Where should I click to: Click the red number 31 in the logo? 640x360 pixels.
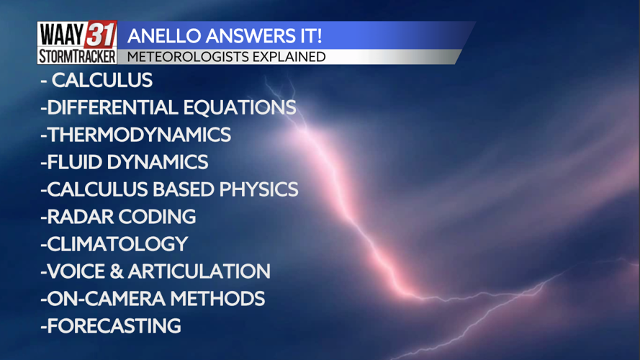(101, 35)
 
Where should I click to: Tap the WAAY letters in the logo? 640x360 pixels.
(61, 35)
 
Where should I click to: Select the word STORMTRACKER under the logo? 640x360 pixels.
(77, 56)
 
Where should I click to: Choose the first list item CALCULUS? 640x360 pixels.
(102, 80)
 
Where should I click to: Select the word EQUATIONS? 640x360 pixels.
(239, 107)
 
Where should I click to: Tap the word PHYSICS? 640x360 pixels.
(258, 189)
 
